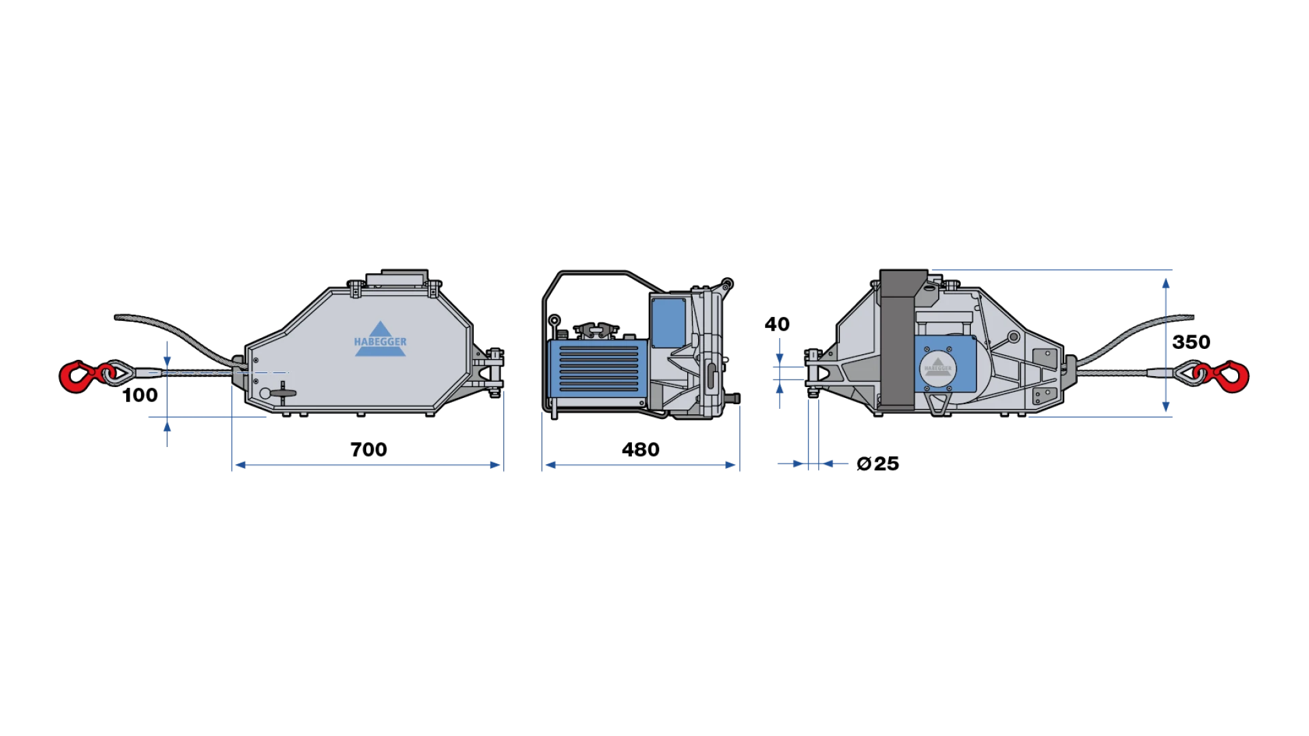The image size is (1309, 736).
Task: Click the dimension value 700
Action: point(369,450)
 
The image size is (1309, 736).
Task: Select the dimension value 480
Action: point(640,450)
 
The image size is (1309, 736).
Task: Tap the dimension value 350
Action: point(1191,342)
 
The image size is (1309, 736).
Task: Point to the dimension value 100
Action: point(140,395)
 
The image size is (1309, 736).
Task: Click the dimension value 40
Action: point(777,324)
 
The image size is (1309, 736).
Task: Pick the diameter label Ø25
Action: point(878,464)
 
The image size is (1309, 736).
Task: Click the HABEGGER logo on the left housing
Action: point(380,339)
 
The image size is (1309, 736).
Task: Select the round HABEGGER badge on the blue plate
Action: point(937,367)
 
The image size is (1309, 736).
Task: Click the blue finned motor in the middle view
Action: point(598,369)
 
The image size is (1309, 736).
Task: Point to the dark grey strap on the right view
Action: point(899,340)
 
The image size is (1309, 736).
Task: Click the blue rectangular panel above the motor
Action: point(668,323)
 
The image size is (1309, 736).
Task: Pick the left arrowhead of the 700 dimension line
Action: point(239,465)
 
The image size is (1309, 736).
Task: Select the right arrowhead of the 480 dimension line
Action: point(731,465)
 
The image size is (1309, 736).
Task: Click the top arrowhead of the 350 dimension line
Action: point(1167,283)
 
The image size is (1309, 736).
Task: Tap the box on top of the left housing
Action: point(397,278)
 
